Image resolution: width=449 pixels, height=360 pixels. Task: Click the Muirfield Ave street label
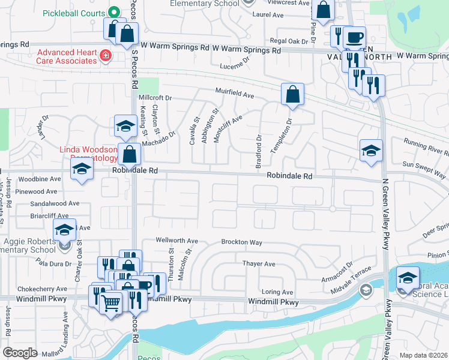point(235,94)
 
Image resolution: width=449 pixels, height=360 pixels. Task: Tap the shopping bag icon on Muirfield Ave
point(292,94)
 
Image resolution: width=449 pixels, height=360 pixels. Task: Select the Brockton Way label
point(241,242)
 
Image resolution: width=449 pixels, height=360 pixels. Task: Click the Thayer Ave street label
point(258,263)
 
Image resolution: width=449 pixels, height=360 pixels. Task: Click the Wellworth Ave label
point(176,241)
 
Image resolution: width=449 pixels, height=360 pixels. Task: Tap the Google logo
point(20,353)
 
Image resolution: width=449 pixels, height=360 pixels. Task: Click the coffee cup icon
point(355,37)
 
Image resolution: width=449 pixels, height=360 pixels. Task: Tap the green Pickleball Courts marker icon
point(113,13)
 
